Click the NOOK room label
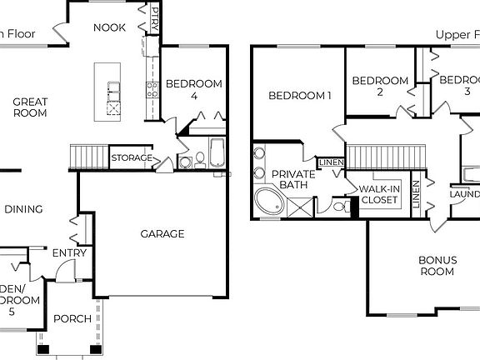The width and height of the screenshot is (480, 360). click(109, 27)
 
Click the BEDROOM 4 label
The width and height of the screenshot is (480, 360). click(194, 89)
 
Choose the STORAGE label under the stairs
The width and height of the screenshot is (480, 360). click(132, 157)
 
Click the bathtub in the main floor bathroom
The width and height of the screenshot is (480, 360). click(216, 154)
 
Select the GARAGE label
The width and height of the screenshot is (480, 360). click(162, 234)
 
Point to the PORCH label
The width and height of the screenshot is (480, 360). click(72, 319)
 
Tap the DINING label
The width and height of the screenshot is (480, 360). click(23, 210)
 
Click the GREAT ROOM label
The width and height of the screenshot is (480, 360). click(29, 107)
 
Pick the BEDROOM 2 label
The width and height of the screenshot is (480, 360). click(380, 87)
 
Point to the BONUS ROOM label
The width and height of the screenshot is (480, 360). click(437, 266)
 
